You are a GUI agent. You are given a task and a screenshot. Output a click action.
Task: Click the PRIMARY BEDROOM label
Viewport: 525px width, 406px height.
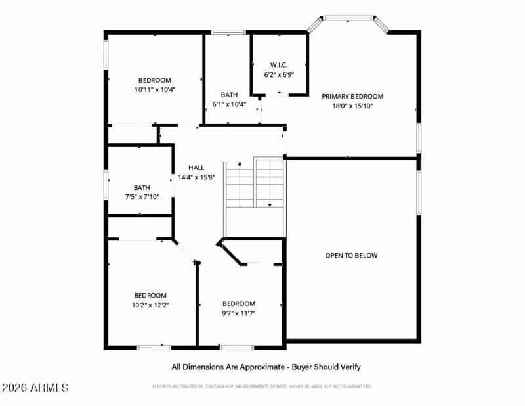click(352, 96)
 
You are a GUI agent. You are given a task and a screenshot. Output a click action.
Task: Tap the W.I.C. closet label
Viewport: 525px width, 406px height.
click(278, 64)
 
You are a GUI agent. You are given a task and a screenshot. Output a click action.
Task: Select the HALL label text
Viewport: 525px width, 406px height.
click(196, 168)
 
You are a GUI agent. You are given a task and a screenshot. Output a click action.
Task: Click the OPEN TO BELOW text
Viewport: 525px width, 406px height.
click(352, 256)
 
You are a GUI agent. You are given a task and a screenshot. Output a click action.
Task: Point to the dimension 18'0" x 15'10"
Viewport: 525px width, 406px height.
click(352, 106)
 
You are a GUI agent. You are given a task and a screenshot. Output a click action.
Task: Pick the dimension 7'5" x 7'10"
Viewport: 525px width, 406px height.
click(141, 196)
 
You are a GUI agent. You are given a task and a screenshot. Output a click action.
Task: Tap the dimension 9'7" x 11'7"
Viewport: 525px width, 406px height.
click(238, 313)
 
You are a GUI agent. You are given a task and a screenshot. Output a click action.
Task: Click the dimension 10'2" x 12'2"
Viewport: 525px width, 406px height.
click(150, 305)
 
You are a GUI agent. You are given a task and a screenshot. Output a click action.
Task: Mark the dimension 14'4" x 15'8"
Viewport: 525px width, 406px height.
click(197, 177)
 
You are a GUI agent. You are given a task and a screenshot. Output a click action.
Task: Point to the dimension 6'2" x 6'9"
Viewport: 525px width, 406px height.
click(279, 74)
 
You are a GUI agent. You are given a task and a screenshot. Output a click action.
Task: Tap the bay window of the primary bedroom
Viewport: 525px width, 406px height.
click(348, 18)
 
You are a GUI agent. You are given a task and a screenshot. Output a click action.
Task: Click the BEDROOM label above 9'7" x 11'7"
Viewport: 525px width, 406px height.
click(238, 304)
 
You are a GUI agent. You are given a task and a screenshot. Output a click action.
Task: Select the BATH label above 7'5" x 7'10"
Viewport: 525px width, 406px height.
click(141, 187)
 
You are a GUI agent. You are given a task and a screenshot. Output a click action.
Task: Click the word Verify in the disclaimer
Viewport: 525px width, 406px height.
click(348, 367)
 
